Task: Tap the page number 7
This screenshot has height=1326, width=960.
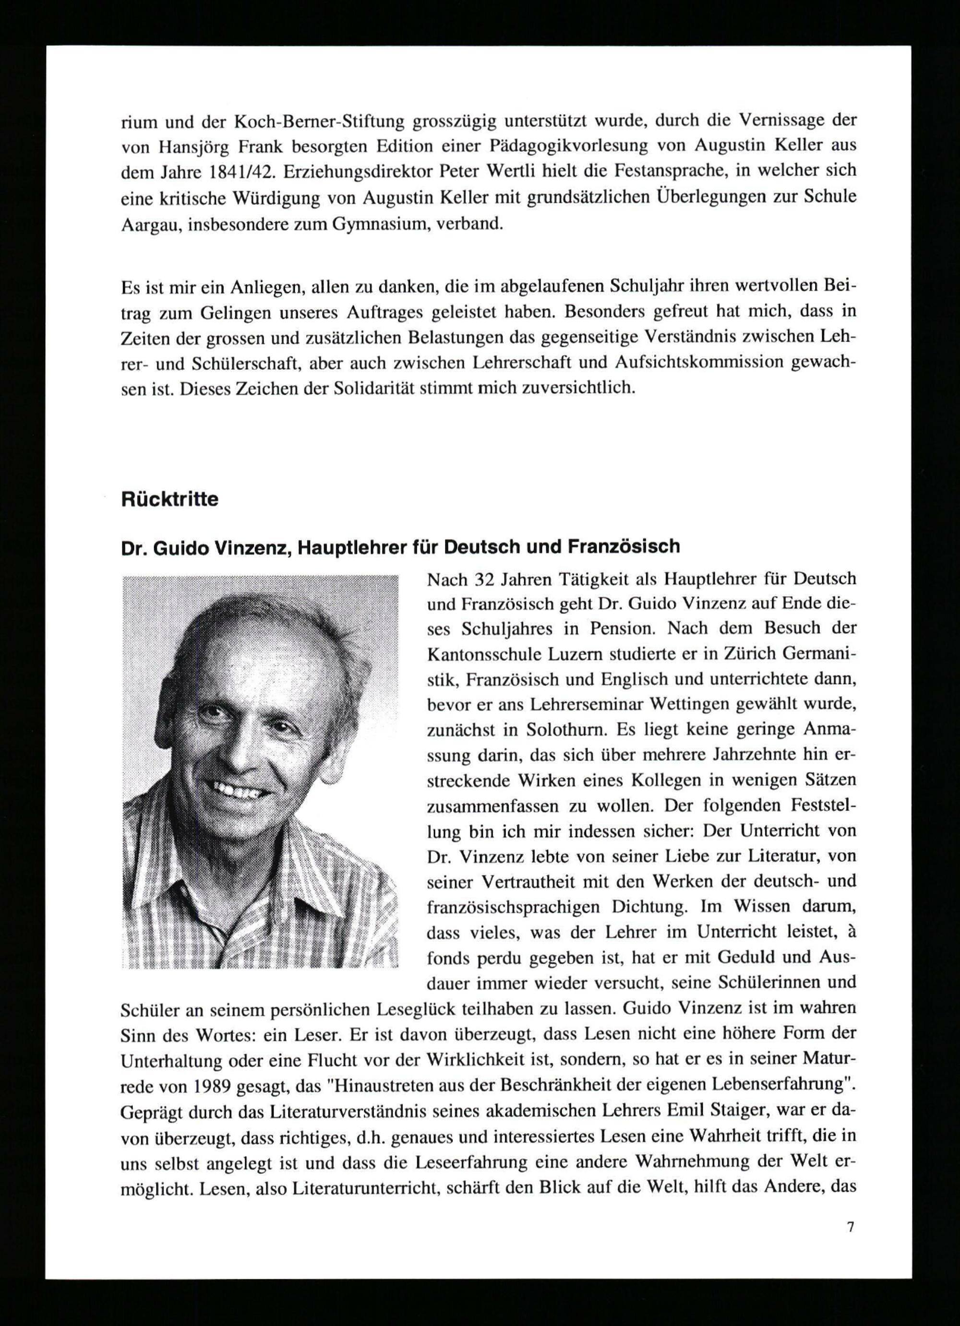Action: click(851, 1227)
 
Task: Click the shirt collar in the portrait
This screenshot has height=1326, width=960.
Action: click(193, 871)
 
